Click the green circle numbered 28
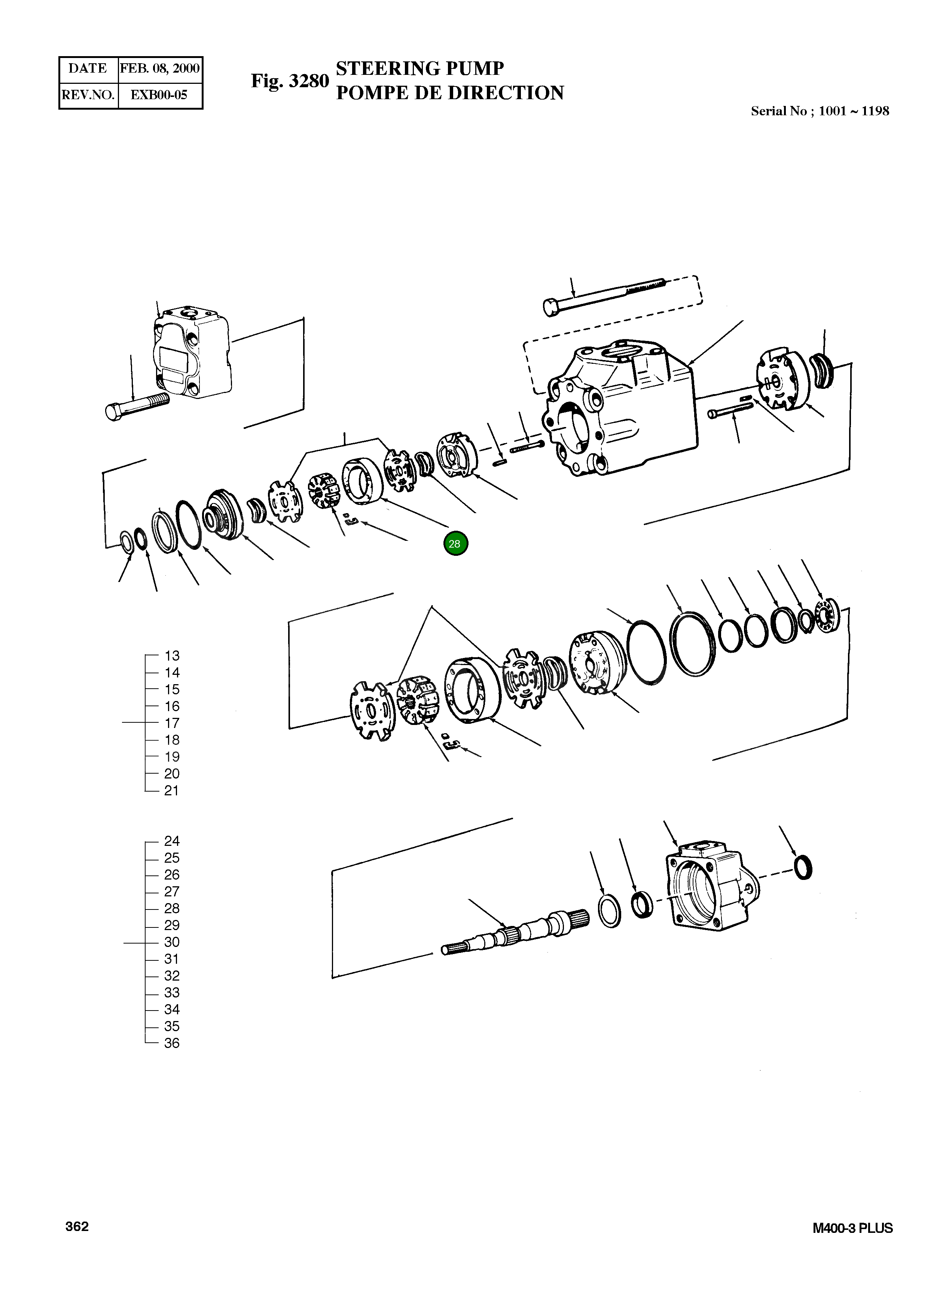tap(455, 543)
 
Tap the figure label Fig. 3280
tap(290, 81)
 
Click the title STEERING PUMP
tap(419, 68)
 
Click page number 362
tap(77, 1226)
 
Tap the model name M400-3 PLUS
tap(852, 1228)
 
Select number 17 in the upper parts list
tap(172, 723)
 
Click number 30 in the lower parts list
tap(172, 942)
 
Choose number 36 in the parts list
tap(172, 1043)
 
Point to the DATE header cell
tap(88, 68)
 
